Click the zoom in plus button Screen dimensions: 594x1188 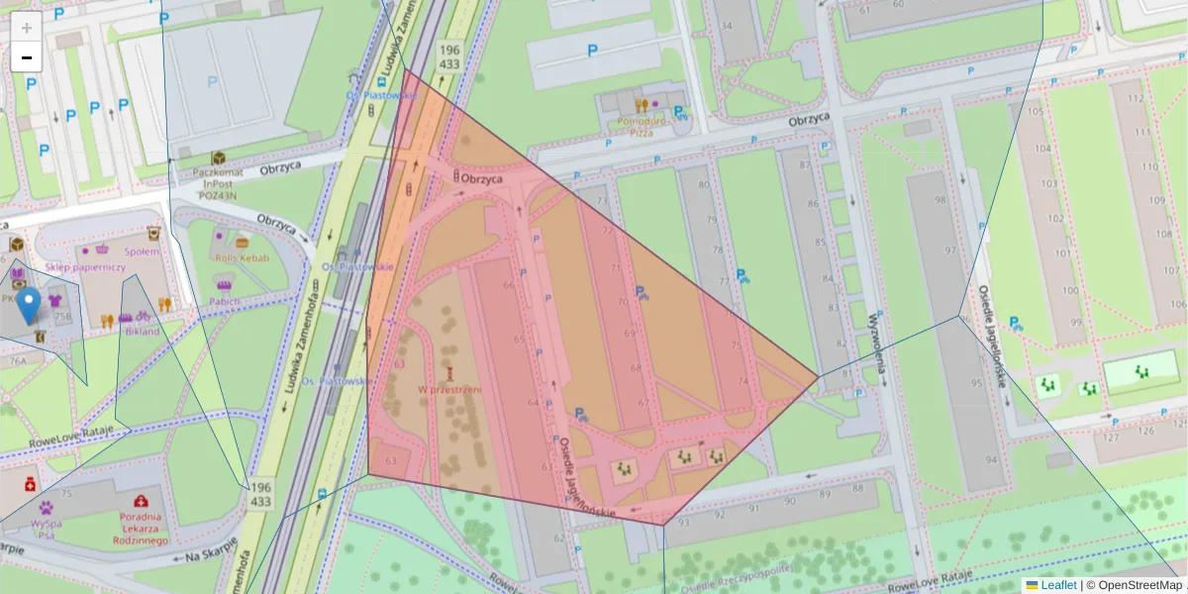point(27,28)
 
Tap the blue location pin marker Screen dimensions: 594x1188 point(31,306)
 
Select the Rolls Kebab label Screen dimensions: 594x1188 point(243,257)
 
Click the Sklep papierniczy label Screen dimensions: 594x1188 point(85,267)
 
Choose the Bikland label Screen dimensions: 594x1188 point(143,331)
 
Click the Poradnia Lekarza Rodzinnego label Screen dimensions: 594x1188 point(141,529)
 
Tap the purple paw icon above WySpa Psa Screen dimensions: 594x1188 point(46,507)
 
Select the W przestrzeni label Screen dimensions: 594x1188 point(448,389)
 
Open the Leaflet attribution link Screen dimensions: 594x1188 point(1058,585)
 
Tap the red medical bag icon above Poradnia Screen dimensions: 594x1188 point(142,501)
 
